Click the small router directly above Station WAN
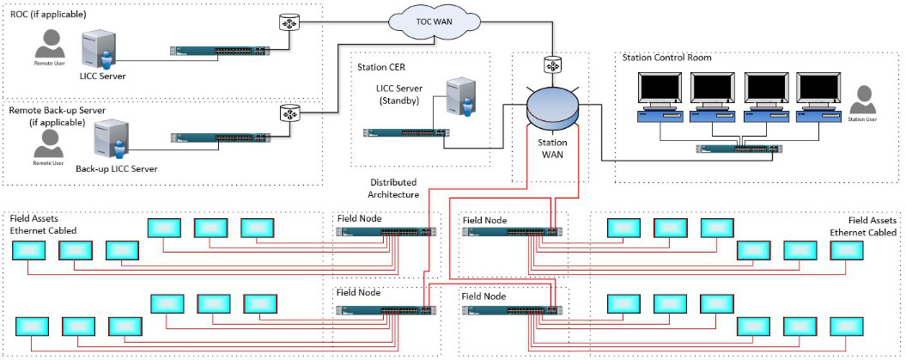point(550,64)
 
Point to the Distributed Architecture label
point(394,188)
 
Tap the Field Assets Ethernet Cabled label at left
point(42,225)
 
